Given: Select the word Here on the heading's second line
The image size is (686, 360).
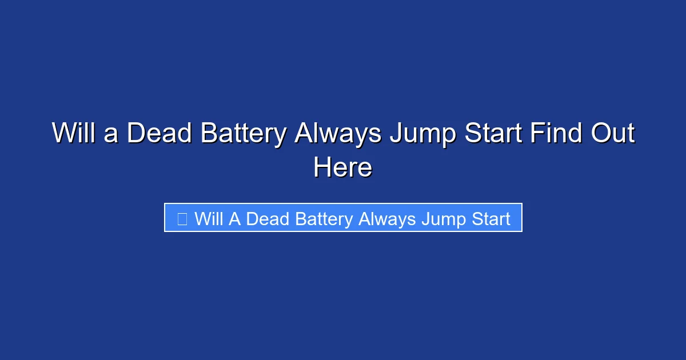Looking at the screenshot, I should pyautogui.click(x=343, y=168).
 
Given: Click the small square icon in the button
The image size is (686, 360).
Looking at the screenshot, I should pyautogui.click(x=182, y=218).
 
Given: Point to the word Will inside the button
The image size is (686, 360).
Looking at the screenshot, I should pyautogui.click(x=209, y=218).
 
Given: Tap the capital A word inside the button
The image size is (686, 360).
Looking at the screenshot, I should pyautogui.click(x=235, y=218).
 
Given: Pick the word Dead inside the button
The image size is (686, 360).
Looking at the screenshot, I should pyautogui.click(x=264, y=218).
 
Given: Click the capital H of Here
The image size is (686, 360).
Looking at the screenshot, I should pyautogui.click(x=321, y=168).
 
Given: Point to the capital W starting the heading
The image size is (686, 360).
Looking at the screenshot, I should pyautogui.click(x=63, y=134).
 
